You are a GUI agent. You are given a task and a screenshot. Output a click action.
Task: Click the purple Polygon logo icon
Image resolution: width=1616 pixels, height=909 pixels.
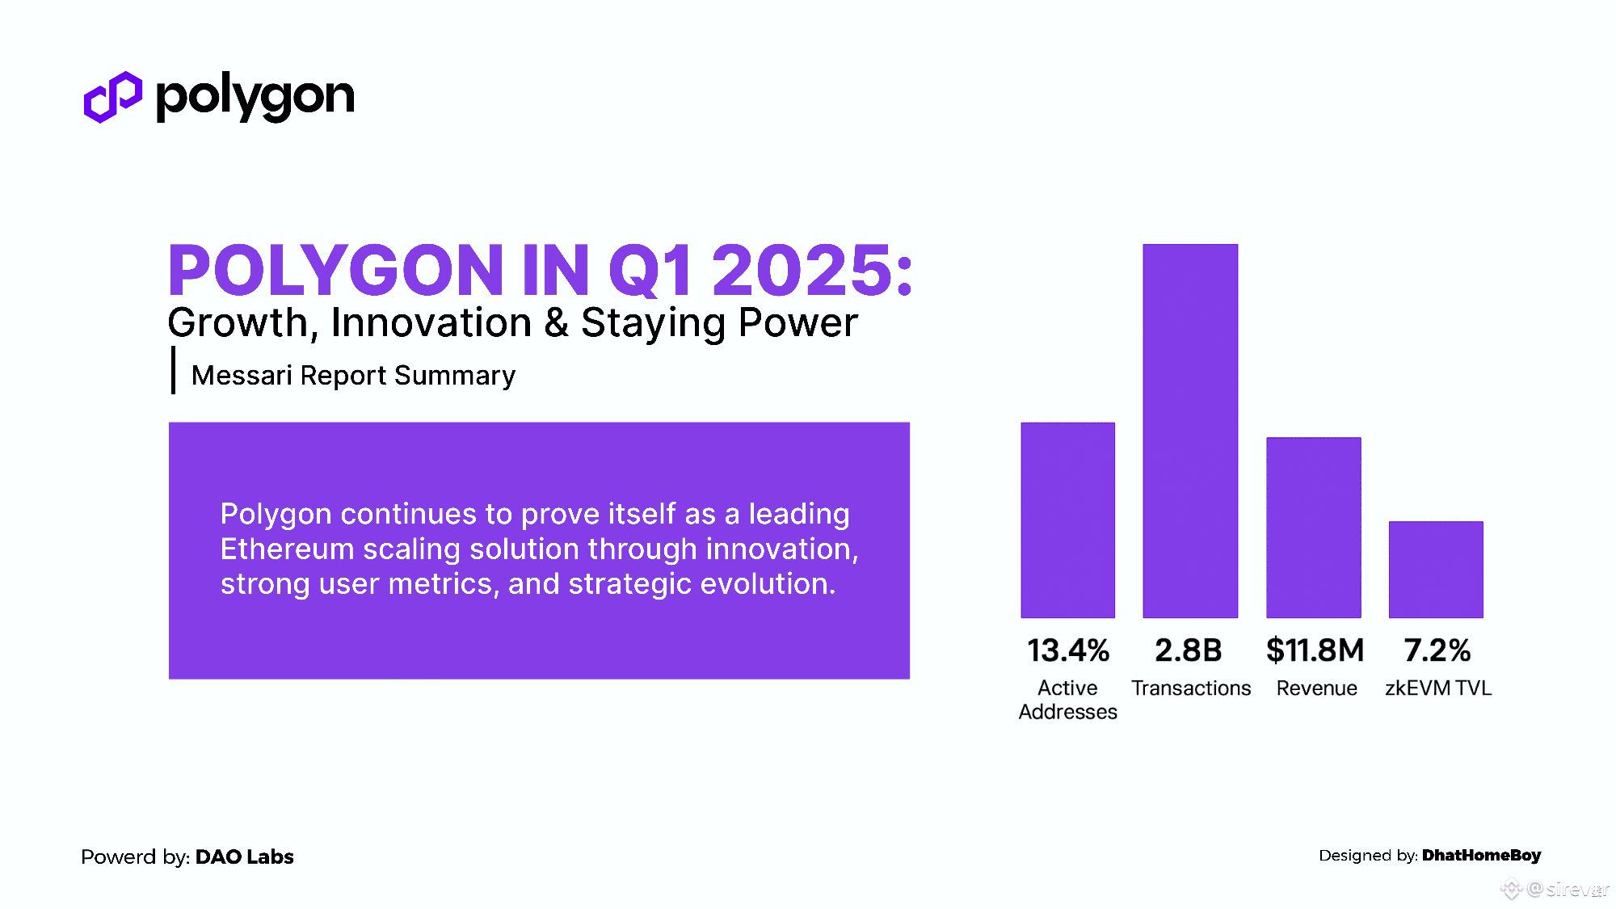tap(113, 97)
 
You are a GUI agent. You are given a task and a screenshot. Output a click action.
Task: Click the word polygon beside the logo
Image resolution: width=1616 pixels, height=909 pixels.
tap(255, 98)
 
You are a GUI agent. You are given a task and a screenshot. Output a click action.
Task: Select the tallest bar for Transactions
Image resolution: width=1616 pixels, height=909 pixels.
tap(1190, 431)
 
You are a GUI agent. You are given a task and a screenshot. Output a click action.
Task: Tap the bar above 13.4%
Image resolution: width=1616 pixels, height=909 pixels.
tap(1067, 520)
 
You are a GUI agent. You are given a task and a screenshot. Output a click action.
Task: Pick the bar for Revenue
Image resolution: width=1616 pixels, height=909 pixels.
tap(1314, 528)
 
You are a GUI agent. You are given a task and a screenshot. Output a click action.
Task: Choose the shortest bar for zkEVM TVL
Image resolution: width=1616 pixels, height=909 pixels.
tap(1436, 570)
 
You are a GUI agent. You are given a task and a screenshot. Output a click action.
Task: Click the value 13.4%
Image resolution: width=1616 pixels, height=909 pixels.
tap(1068, 650)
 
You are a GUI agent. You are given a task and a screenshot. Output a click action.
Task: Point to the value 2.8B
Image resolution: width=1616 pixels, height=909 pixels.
tap(1189, 650)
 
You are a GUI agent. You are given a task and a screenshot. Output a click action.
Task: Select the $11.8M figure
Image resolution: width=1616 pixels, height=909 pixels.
tap(1315, 650)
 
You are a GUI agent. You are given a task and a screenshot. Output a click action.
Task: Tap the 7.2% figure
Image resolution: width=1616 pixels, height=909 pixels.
tap(1437, 650)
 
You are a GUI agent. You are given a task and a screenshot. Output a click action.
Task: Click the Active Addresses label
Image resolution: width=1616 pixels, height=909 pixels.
tap(1068, 700)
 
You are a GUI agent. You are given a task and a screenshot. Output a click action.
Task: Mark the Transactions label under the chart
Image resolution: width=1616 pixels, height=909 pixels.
tap(1191, 688)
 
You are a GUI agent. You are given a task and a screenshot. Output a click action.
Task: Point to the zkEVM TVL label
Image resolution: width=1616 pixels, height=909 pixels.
tap(1438, 688)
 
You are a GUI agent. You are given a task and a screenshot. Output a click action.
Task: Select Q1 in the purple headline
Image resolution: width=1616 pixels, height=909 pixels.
tap(650, 271)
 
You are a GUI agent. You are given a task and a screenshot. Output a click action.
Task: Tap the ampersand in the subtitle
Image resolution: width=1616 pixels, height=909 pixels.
tap(556, 322)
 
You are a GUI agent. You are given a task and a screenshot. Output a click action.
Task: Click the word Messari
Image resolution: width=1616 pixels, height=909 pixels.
tap(242, 376)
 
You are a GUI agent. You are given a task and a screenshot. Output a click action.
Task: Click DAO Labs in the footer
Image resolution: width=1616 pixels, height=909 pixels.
tap(245, 856)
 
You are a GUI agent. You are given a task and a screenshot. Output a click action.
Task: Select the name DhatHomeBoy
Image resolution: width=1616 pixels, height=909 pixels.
tap(1482, 856)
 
